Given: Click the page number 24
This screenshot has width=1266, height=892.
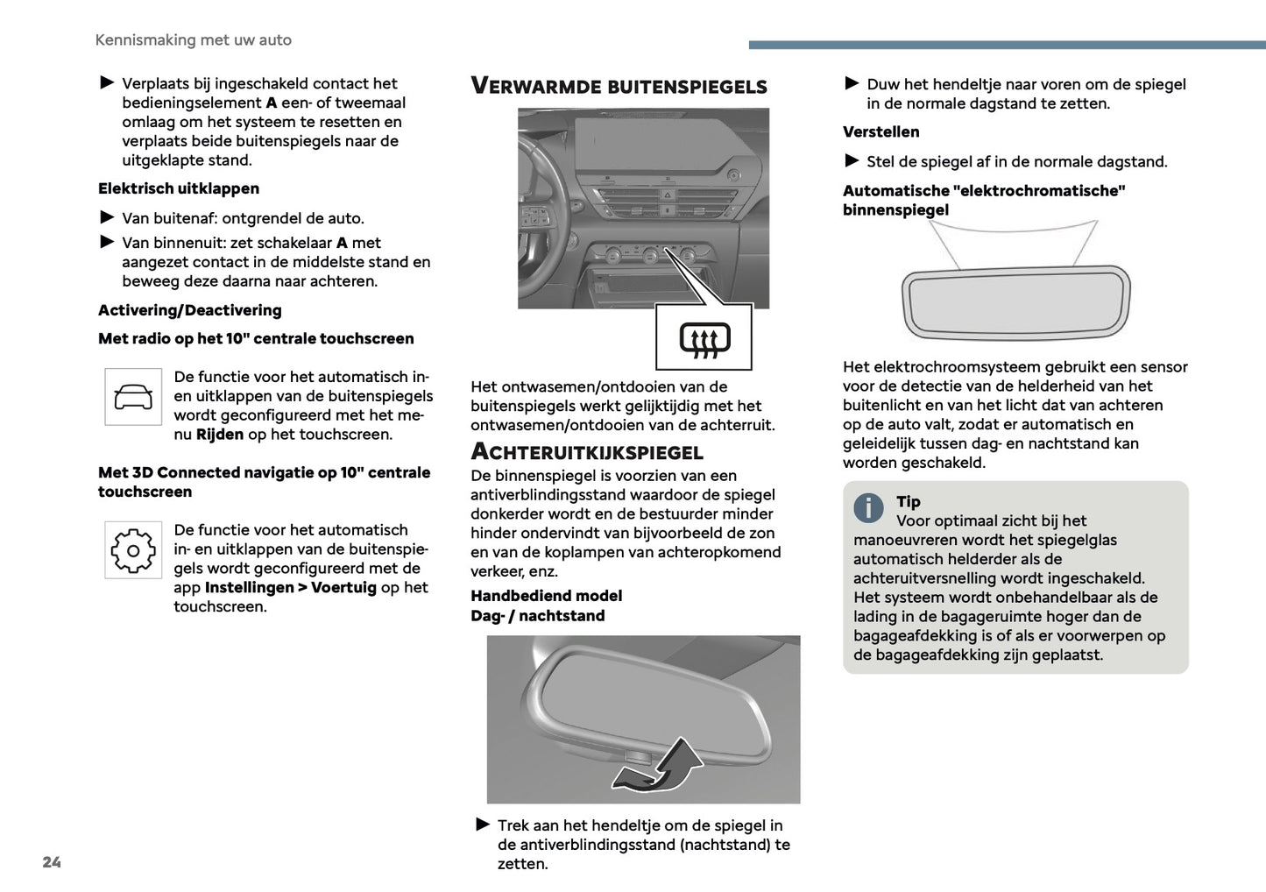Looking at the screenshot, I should [52, 862].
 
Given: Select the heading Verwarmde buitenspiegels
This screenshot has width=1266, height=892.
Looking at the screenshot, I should [619, 86].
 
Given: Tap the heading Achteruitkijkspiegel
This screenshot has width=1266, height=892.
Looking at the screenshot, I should [587, 452].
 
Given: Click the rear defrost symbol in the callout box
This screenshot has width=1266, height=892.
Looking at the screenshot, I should [704, 339].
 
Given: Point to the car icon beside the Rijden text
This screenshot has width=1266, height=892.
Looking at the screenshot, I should [133, 397].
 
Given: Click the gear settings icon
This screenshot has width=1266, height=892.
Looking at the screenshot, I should [133, 550].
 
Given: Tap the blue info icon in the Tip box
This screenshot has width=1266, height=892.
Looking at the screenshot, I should [868, 506].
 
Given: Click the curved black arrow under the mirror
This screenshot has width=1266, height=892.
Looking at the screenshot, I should [659, 765].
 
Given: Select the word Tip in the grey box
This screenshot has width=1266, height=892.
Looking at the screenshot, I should [909, 501].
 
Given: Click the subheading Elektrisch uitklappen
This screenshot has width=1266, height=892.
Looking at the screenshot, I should [179, 188].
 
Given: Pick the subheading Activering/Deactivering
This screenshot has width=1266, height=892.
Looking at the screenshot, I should [190, 310].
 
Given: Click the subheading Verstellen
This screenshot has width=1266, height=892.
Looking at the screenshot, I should [881, 132].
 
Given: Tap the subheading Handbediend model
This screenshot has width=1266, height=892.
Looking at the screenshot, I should [547, 596].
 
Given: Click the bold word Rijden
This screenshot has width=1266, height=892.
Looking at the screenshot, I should [220, 435].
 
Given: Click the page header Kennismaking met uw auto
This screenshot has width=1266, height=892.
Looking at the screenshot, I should [194, 40].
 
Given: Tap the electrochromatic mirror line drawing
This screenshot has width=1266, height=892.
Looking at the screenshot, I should [1016, 301].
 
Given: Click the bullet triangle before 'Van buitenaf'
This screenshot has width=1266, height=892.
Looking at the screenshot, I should [107, 217].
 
